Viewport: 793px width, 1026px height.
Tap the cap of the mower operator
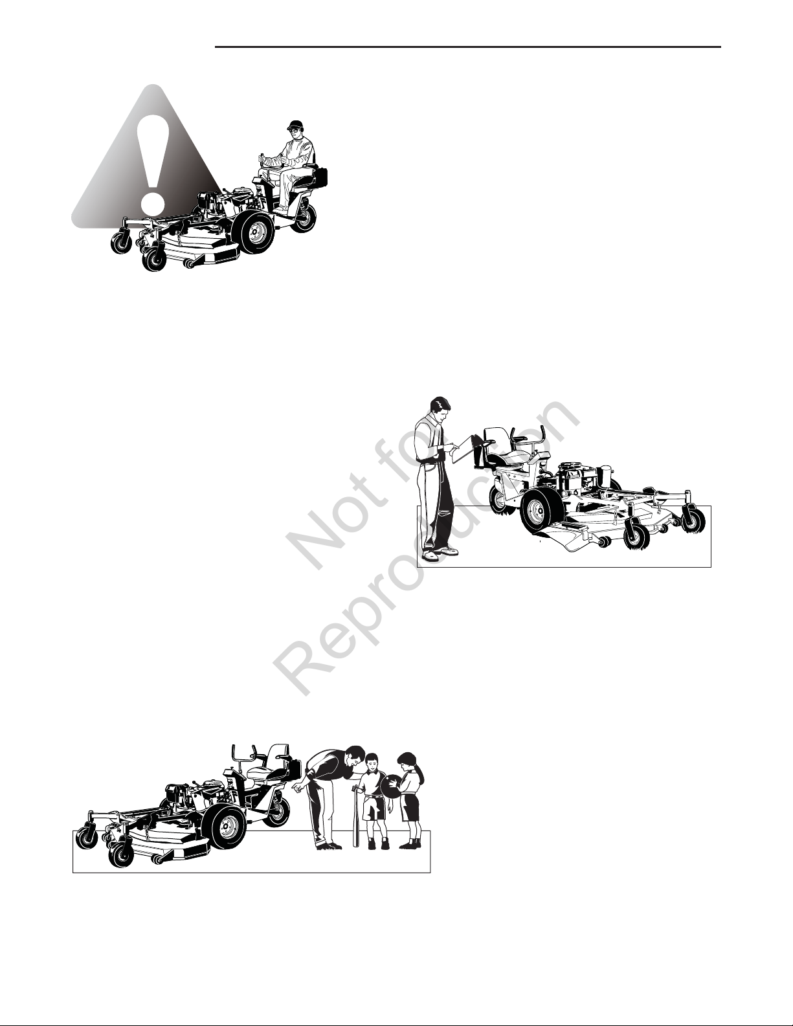pyautogui.click(x=295, y=126)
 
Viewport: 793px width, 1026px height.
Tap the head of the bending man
pyautogui.click(x=351, y=759)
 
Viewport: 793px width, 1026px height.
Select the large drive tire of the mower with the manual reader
pyautogui.click(x=541, y=511)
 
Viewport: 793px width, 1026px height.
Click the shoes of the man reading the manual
pyautogui.click(x=439, y=553)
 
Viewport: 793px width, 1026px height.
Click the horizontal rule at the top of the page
pyautogui.click(x=468, y=47)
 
